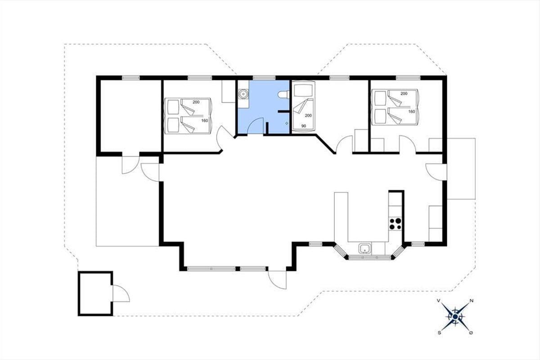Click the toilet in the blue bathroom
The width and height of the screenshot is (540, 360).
click(x=283, y=94)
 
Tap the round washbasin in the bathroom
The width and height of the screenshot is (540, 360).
click(x=243, y=93)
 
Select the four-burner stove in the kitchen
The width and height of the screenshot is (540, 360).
click(x=395, y=224)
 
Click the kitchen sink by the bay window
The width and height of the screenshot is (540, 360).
click(x=365, y=248)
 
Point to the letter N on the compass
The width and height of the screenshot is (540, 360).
click(x=472, y=301)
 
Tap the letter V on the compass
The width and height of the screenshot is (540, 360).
click(x=439, y=301)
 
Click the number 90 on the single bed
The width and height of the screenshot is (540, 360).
click(x=303, y=126)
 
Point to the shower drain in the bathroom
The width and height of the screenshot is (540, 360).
click(x=287, y=123)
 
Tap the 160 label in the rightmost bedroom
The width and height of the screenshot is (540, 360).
click(x=411, y=112)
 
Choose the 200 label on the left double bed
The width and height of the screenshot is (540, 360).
click(x=196, y=102)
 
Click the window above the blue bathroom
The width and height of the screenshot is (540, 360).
click(x=264, y=78)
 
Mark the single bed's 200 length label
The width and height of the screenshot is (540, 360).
click(x=308, y=116)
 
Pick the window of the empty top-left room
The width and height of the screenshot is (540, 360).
click(x=130, y=78)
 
